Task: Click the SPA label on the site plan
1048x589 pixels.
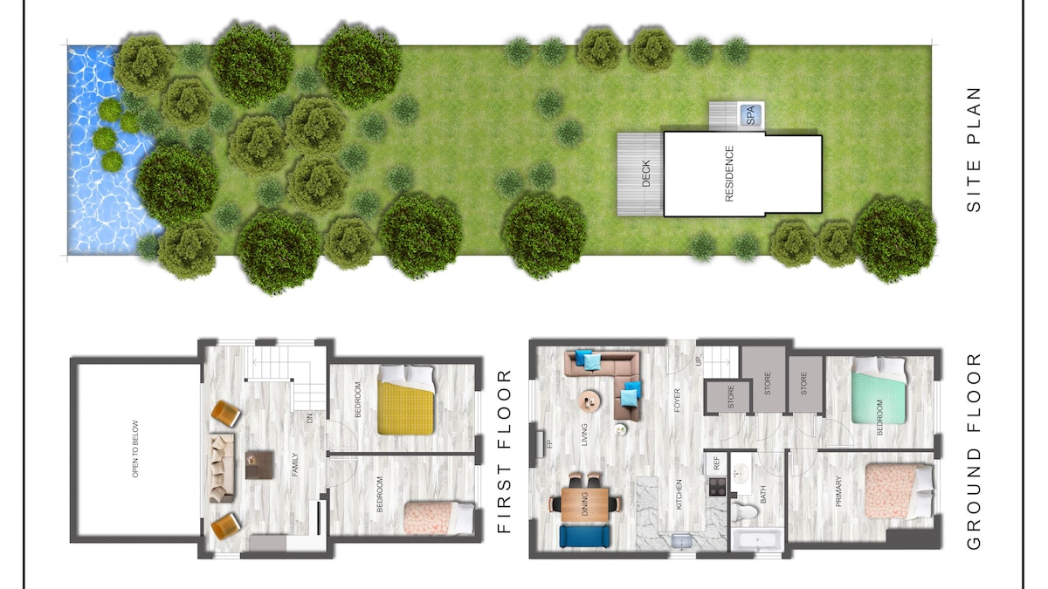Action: [751, 115]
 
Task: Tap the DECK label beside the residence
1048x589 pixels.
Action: [645, 174]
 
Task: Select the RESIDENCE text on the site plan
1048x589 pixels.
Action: [729, 174]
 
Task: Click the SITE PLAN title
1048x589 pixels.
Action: [974, 149]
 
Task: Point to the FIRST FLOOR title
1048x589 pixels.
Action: [505, 452]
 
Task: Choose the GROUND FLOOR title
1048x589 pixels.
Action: [974, 452]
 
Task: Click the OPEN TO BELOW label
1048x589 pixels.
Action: [135, 449]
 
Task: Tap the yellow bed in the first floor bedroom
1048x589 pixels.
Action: [406, 400]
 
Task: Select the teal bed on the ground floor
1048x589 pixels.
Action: [879, 390]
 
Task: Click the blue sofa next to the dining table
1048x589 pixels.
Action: [585, 536]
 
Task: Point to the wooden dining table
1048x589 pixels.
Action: [585, 504]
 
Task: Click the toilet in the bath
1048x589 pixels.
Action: [744, 511]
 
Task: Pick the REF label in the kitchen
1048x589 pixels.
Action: [716, 462]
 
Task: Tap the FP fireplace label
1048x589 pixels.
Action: [549, 444]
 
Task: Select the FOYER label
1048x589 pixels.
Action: [677, 401]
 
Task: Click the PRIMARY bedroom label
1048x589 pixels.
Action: [838, 491]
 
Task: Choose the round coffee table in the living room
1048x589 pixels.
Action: [590, 401]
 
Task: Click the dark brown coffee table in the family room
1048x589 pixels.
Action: [259, 464]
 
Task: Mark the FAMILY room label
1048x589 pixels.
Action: [295, 464]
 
